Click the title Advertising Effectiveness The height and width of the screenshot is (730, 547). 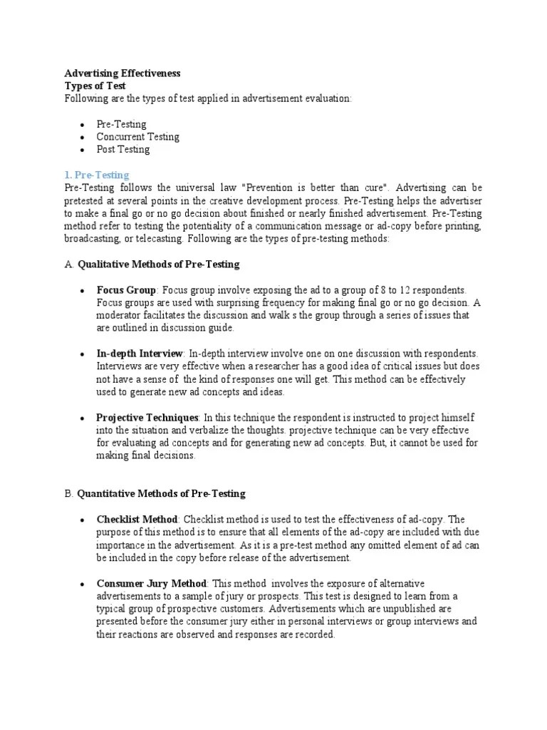[122, 73]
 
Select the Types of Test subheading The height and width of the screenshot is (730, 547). [95, 86]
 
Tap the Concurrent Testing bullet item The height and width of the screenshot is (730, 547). [138, 137]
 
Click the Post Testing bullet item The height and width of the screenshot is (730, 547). [123, 150]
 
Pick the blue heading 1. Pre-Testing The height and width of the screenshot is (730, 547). [97, 175]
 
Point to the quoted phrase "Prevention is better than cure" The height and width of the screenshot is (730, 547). [316, 187]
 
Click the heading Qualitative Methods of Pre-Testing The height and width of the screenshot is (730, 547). [158, 264]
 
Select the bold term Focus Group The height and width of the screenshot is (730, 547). [126, 290]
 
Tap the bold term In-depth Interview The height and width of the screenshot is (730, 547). [140, 354]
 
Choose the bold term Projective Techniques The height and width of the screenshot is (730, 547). [147, 417]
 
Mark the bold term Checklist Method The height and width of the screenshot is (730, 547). [137, 520]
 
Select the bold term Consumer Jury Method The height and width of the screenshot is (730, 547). [152, 583]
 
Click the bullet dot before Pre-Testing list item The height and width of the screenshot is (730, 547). [83, 125]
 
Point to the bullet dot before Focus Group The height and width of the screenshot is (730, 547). [83, 291]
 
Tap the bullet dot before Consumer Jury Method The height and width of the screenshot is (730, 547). [83, 584]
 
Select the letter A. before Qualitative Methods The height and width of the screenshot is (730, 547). [69, 264]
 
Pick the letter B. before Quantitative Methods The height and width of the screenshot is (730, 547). [69, 493]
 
